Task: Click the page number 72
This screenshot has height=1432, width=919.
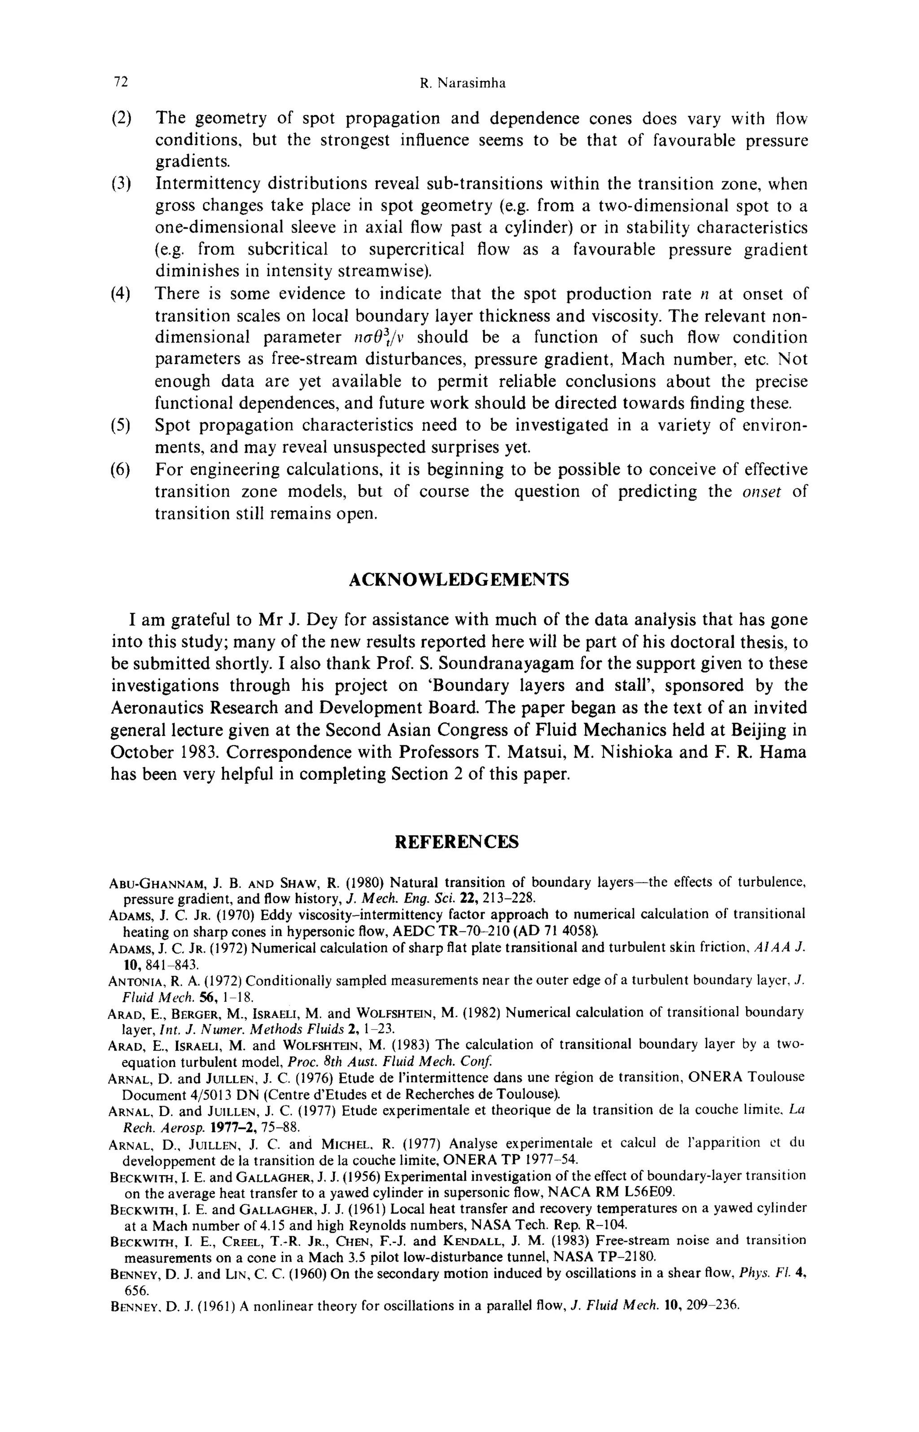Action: tap(121, 83)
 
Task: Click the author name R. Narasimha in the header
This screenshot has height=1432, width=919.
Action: tap(463, 83)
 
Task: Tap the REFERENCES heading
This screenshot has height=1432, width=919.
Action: tap(457, 842)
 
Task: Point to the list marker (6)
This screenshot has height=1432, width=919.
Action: tap(121, 469)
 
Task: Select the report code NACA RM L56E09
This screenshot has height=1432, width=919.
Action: tap(612, 1193)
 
